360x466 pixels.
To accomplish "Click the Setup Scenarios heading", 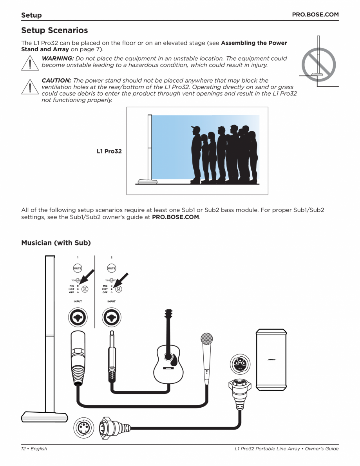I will click(x=54, y=30).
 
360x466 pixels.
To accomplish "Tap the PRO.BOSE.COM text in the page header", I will click(x=315, y=14).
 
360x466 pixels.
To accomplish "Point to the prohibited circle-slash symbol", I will click(x=317, y=64).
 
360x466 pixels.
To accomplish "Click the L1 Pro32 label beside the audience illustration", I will click(x=109, y=151).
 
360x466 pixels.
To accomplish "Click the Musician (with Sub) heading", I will click(x=56, y=243).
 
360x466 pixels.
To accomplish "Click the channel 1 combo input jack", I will click(x=78, y=318).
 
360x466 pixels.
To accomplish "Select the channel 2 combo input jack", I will click(x=112, y=318).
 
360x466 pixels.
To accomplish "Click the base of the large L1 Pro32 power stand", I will click(x=45, y=416).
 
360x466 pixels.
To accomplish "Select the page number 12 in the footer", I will click(x=24, y=449).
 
